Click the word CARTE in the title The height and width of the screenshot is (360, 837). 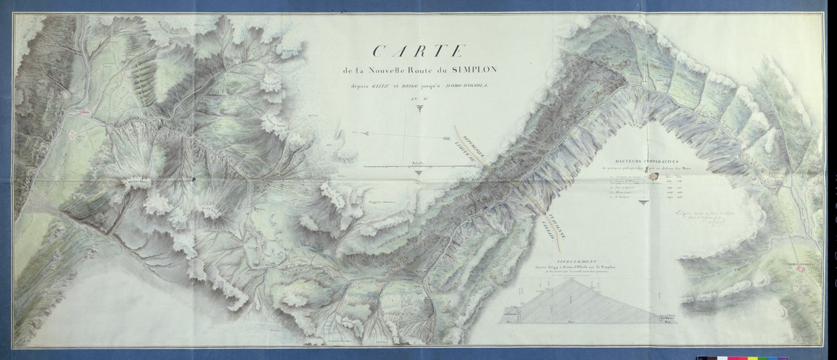419,51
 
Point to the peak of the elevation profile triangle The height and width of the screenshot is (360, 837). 570,279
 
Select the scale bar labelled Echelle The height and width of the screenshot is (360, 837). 417,165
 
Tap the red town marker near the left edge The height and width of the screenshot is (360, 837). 85,113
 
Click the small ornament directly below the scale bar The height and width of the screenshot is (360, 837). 417,173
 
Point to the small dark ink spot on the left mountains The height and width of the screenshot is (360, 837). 193,178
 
